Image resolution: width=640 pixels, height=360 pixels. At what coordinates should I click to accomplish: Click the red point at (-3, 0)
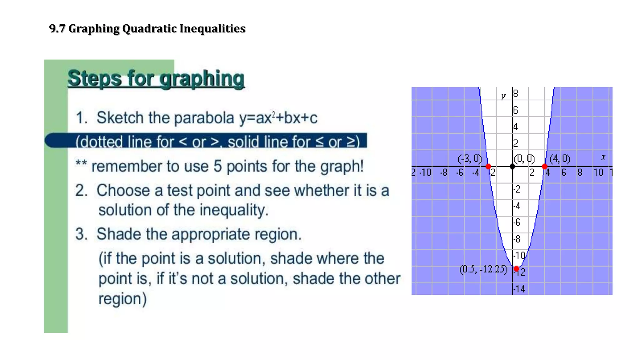pos(488,167)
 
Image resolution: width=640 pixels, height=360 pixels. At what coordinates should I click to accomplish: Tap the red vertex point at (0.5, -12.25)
pos(516,269)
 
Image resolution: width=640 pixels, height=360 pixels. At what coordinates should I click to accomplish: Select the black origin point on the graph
pos(512,167)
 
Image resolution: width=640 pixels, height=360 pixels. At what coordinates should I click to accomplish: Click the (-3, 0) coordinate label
pos(470,159)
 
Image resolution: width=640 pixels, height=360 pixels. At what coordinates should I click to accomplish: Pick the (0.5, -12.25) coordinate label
pos(483,269)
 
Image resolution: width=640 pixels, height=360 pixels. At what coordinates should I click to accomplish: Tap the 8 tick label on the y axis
pos(516,93)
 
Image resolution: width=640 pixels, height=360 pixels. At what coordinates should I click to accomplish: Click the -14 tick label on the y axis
pos(519,289)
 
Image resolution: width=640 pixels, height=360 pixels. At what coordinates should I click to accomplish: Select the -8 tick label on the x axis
pos(443,172)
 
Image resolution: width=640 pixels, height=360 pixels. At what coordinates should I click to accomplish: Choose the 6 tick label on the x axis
pos(563,172)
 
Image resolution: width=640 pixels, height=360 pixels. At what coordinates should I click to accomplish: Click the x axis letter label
pos(603,157)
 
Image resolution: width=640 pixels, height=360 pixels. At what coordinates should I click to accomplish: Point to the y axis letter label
pos(503,96)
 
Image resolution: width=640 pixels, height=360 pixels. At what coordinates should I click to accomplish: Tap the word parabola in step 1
pos(204,118)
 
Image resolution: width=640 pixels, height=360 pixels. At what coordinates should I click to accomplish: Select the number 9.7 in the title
pos(57,28)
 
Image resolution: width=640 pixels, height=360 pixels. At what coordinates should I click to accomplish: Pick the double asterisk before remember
pos(81,164)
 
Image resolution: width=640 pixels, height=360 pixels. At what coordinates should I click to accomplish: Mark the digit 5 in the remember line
pos(217,166)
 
